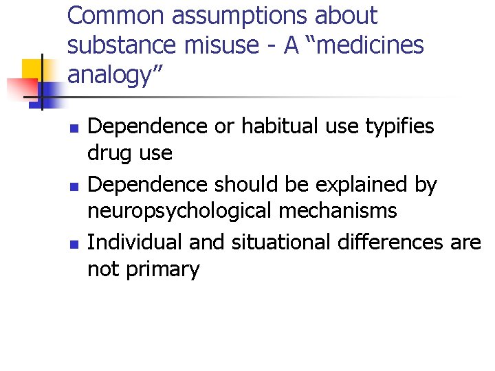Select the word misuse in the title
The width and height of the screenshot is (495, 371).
[210, 45]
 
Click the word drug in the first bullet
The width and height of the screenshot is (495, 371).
[108, 153]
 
